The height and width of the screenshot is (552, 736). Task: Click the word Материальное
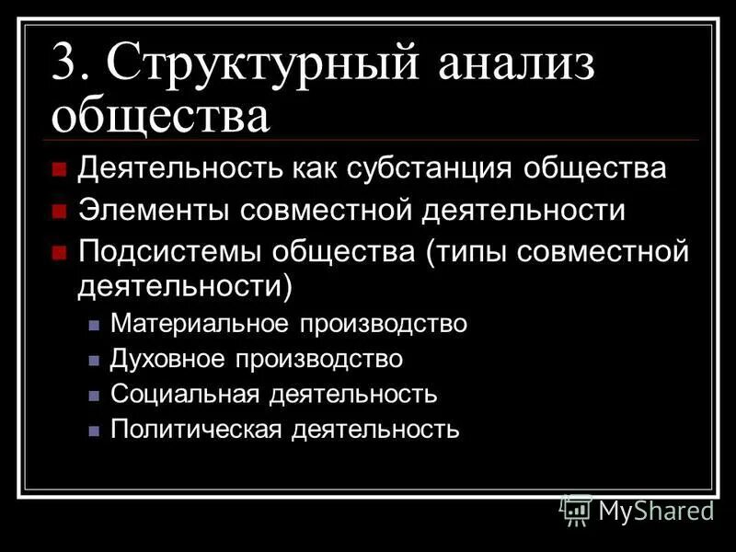point(197,324)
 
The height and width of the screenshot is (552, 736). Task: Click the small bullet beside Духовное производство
point(93,360)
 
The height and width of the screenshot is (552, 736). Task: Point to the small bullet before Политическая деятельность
point(93,430)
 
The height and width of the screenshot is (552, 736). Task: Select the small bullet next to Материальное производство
point(93,325)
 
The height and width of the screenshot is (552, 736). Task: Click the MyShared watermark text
point(656,508)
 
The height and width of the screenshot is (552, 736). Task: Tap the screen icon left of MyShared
point(576,509)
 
